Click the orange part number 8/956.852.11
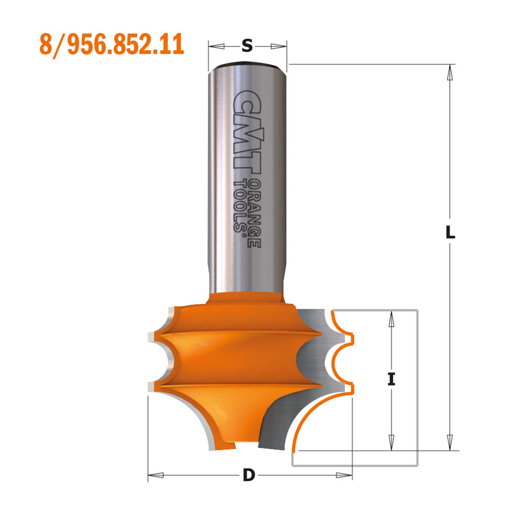click(x=111, y=45)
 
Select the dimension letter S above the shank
click(x=248, y=47)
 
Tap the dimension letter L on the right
click(x=451, y=233)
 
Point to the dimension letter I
click(x=392, y=379)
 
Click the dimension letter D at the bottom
click(x=249, y=475)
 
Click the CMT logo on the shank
click(x=247, y=132)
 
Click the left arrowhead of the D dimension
click(x=155, y=474)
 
